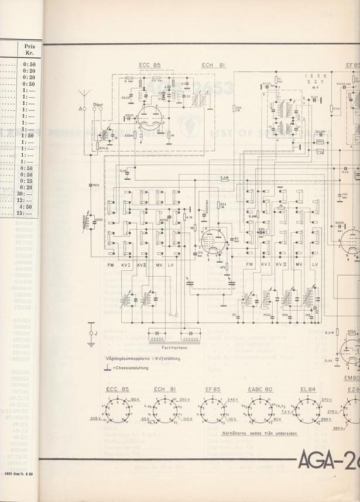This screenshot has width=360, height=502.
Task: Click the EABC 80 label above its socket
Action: [x=260, y=390]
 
